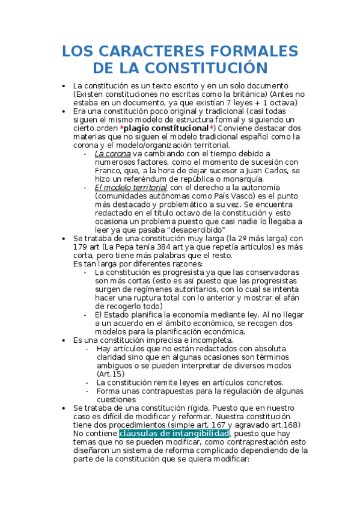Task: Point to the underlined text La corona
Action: click(x=113, y=153)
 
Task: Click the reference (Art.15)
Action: click(x=110, y=373)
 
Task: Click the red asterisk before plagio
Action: click(x=122, y=128)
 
